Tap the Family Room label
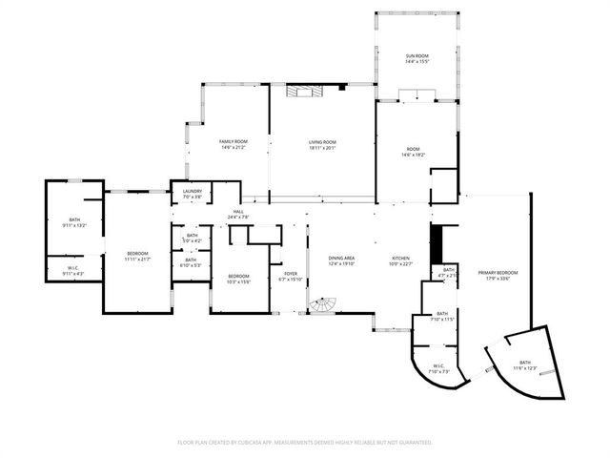[x=234, y=142]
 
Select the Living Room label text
[x=322, y=142]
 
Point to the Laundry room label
[x=192, y=192]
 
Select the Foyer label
[x=290, y=274]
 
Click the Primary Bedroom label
[x=494, y=274]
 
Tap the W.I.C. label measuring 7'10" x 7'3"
[x=439, y=365]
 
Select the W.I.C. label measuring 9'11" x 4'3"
[x=72, y=269]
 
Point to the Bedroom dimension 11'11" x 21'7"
[x=138, y=260]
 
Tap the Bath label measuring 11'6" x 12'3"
[x=526, y=364]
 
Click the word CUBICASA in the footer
[x=260, y=443]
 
